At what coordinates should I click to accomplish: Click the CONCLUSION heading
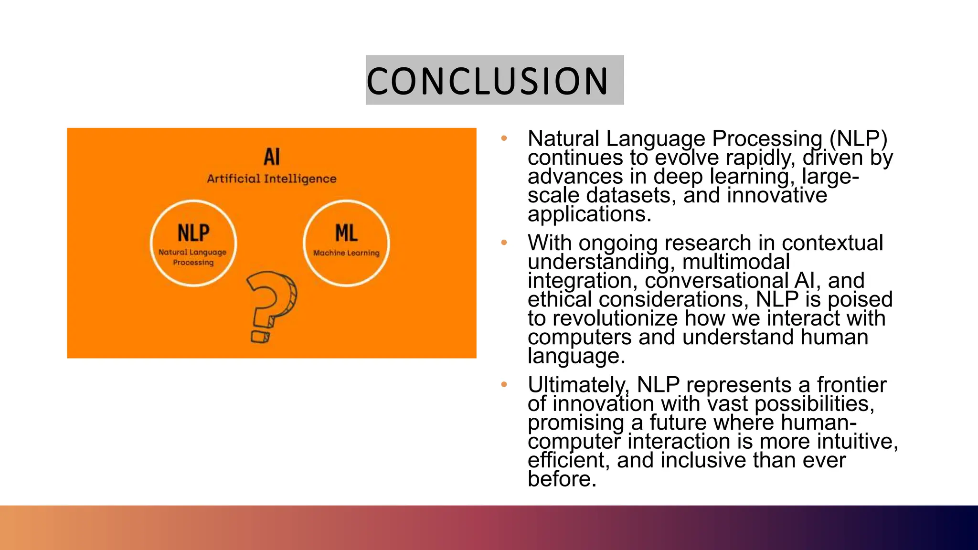(x=488, y=81)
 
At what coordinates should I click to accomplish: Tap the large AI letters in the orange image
(x=272, y=157)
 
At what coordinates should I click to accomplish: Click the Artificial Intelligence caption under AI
(x=271, y=179)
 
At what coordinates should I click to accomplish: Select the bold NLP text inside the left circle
(x=193, y=233)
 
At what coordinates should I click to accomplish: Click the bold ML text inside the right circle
(x=346, y=233)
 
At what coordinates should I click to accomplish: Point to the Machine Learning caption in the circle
(x=346, y=253)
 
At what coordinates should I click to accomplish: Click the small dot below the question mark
(x=260, y=337)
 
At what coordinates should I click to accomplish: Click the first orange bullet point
(x=504, y=139)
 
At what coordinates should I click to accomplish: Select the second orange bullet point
(x=504, y=243)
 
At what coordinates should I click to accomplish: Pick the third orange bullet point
(x=504, y=385)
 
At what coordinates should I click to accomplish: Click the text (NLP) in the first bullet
(x=858, y=139)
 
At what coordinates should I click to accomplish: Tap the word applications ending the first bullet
(x=589, y=214)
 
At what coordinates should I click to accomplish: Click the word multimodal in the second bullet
(x=736, y=262)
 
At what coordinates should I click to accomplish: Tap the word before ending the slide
(x=562, y=479)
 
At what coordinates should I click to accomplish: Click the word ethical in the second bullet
(x=560, y=299)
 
